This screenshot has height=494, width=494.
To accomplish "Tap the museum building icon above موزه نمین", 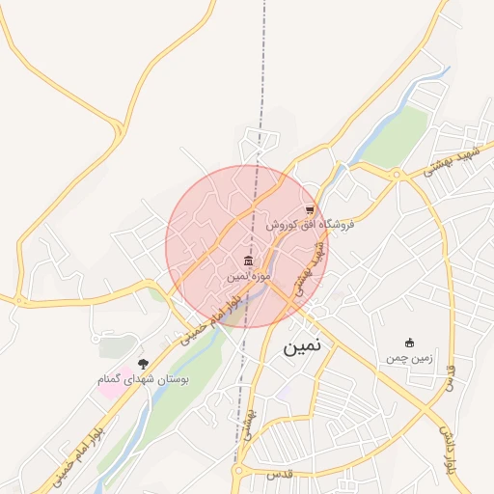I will pos(249,262).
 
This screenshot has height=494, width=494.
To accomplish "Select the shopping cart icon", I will pos(309,209).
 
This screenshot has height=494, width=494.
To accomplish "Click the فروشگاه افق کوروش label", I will pos(311,225).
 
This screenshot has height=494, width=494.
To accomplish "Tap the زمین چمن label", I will pos(409,359).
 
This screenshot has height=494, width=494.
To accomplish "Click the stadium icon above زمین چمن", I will pos(409,343).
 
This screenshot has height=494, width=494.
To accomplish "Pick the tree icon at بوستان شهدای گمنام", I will pos(144,364).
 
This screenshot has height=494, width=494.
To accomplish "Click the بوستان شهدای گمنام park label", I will pos(144,380).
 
